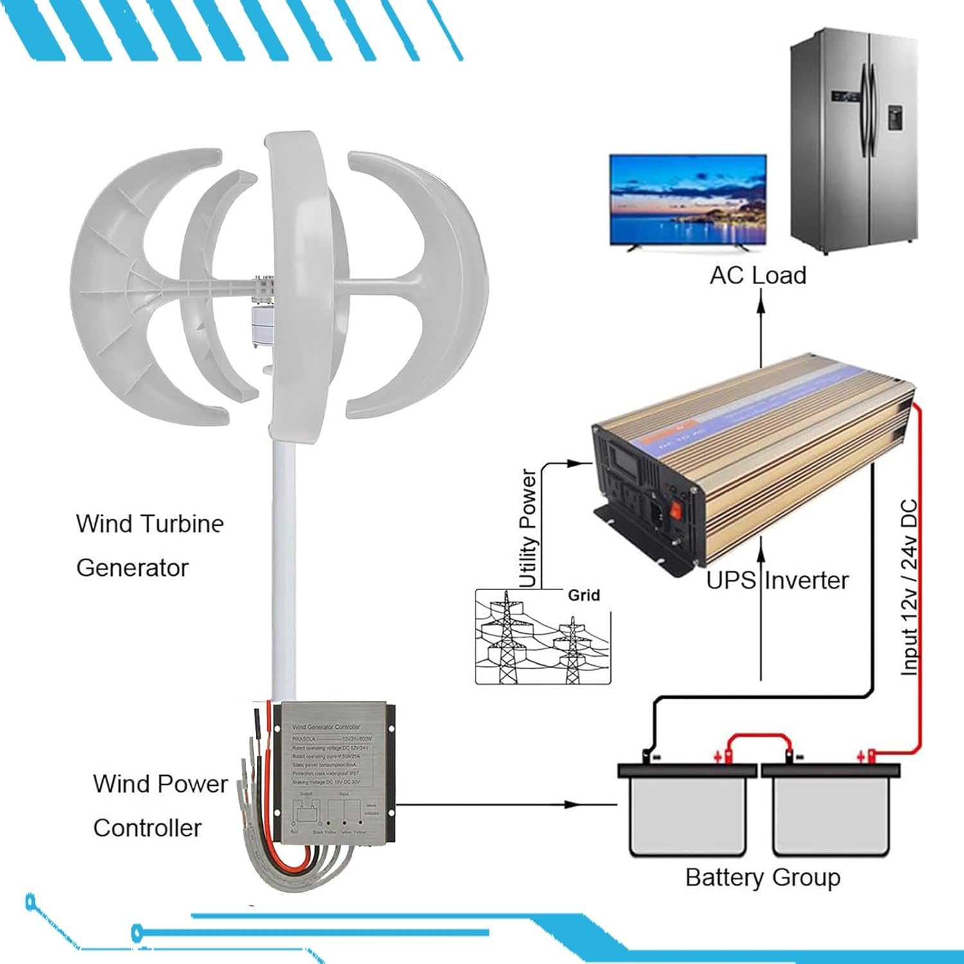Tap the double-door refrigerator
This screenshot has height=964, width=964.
[852, 138]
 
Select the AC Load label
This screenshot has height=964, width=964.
[758, 276]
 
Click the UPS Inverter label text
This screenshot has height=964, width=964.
[777, 580]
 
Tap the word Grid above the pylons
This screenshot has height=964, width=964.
[584, 595]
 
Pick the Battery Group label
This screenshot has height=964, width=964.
[763, 877]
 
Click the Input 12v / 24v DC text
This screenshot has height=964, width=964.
[909, 587]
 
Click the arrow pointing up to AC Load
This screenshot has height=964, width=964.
[761, 328]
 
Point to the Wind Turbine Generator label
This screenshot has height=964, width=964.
[150, 546]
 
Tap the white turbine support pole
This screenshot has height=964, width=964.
[283, 566]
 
